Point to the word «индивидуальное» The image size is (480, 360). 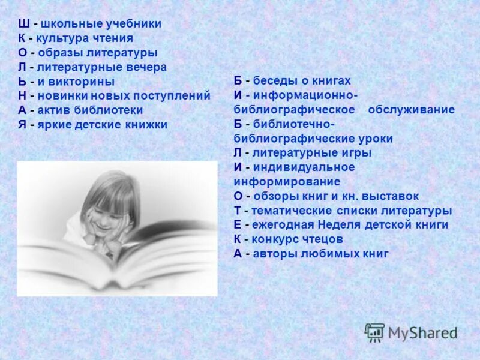coord(304,167)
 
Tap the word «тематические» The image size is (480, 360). coord(291,211)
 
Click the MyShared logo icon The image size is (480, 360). coord(374,332)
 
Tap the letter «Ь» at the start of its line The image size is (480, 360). coord(23,82)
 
